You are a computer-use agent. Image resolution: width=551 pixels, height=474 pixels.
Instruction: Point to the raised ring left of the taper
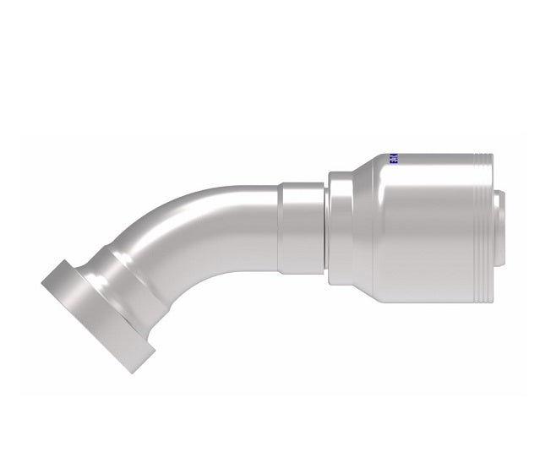coord(340,227)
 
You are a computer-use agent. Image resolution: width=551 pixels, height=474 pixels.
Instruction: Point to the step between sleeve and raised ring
coord(328,227)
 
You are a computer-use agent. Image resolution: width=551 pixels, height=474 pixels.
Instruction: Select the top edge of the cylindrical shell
coord(431,155)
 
